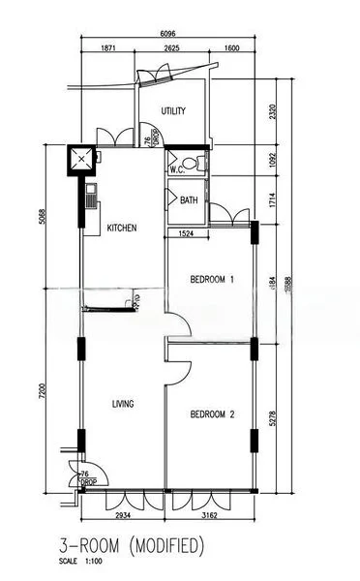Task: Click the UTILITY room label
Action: click(x=173, y=111)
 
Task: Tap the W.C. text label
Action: click(x=177, y=170)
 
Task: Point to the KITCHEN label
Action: click(x=122, y=229)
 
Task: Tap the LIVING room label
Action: click(x=122, y=404)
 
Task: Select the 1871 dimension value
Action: click(x=107, y=47)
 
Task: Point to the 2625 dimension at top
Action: click(x=172, y=47)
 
